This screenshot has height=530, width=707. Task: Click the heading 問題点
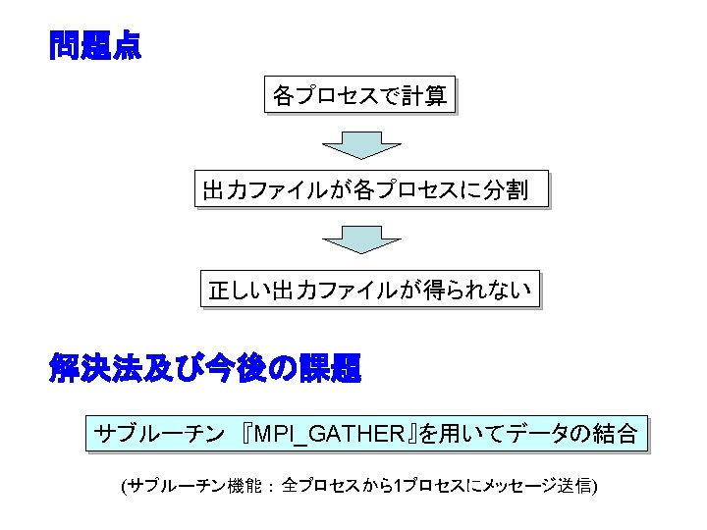coord(95,46)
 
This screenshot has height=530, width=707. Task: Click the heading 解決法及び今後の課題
coord(205,369)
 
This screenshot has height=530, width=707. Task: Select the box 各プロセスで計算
coord(359,96)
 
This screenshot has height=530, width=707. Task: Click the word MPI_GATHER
coord(328,434)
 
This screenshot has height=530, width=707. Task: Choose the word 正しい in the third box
coord(240,291)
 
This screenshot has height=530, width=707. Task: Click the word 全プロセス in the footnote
coord(317,486)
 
